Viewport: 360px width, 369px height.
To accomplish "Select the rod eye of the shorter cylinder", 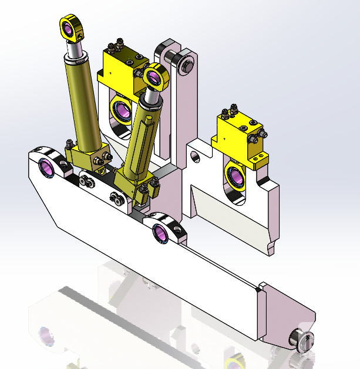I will [156, 77].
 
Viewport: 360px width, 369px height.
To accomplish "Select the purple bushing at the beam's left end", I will [46, 167].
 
